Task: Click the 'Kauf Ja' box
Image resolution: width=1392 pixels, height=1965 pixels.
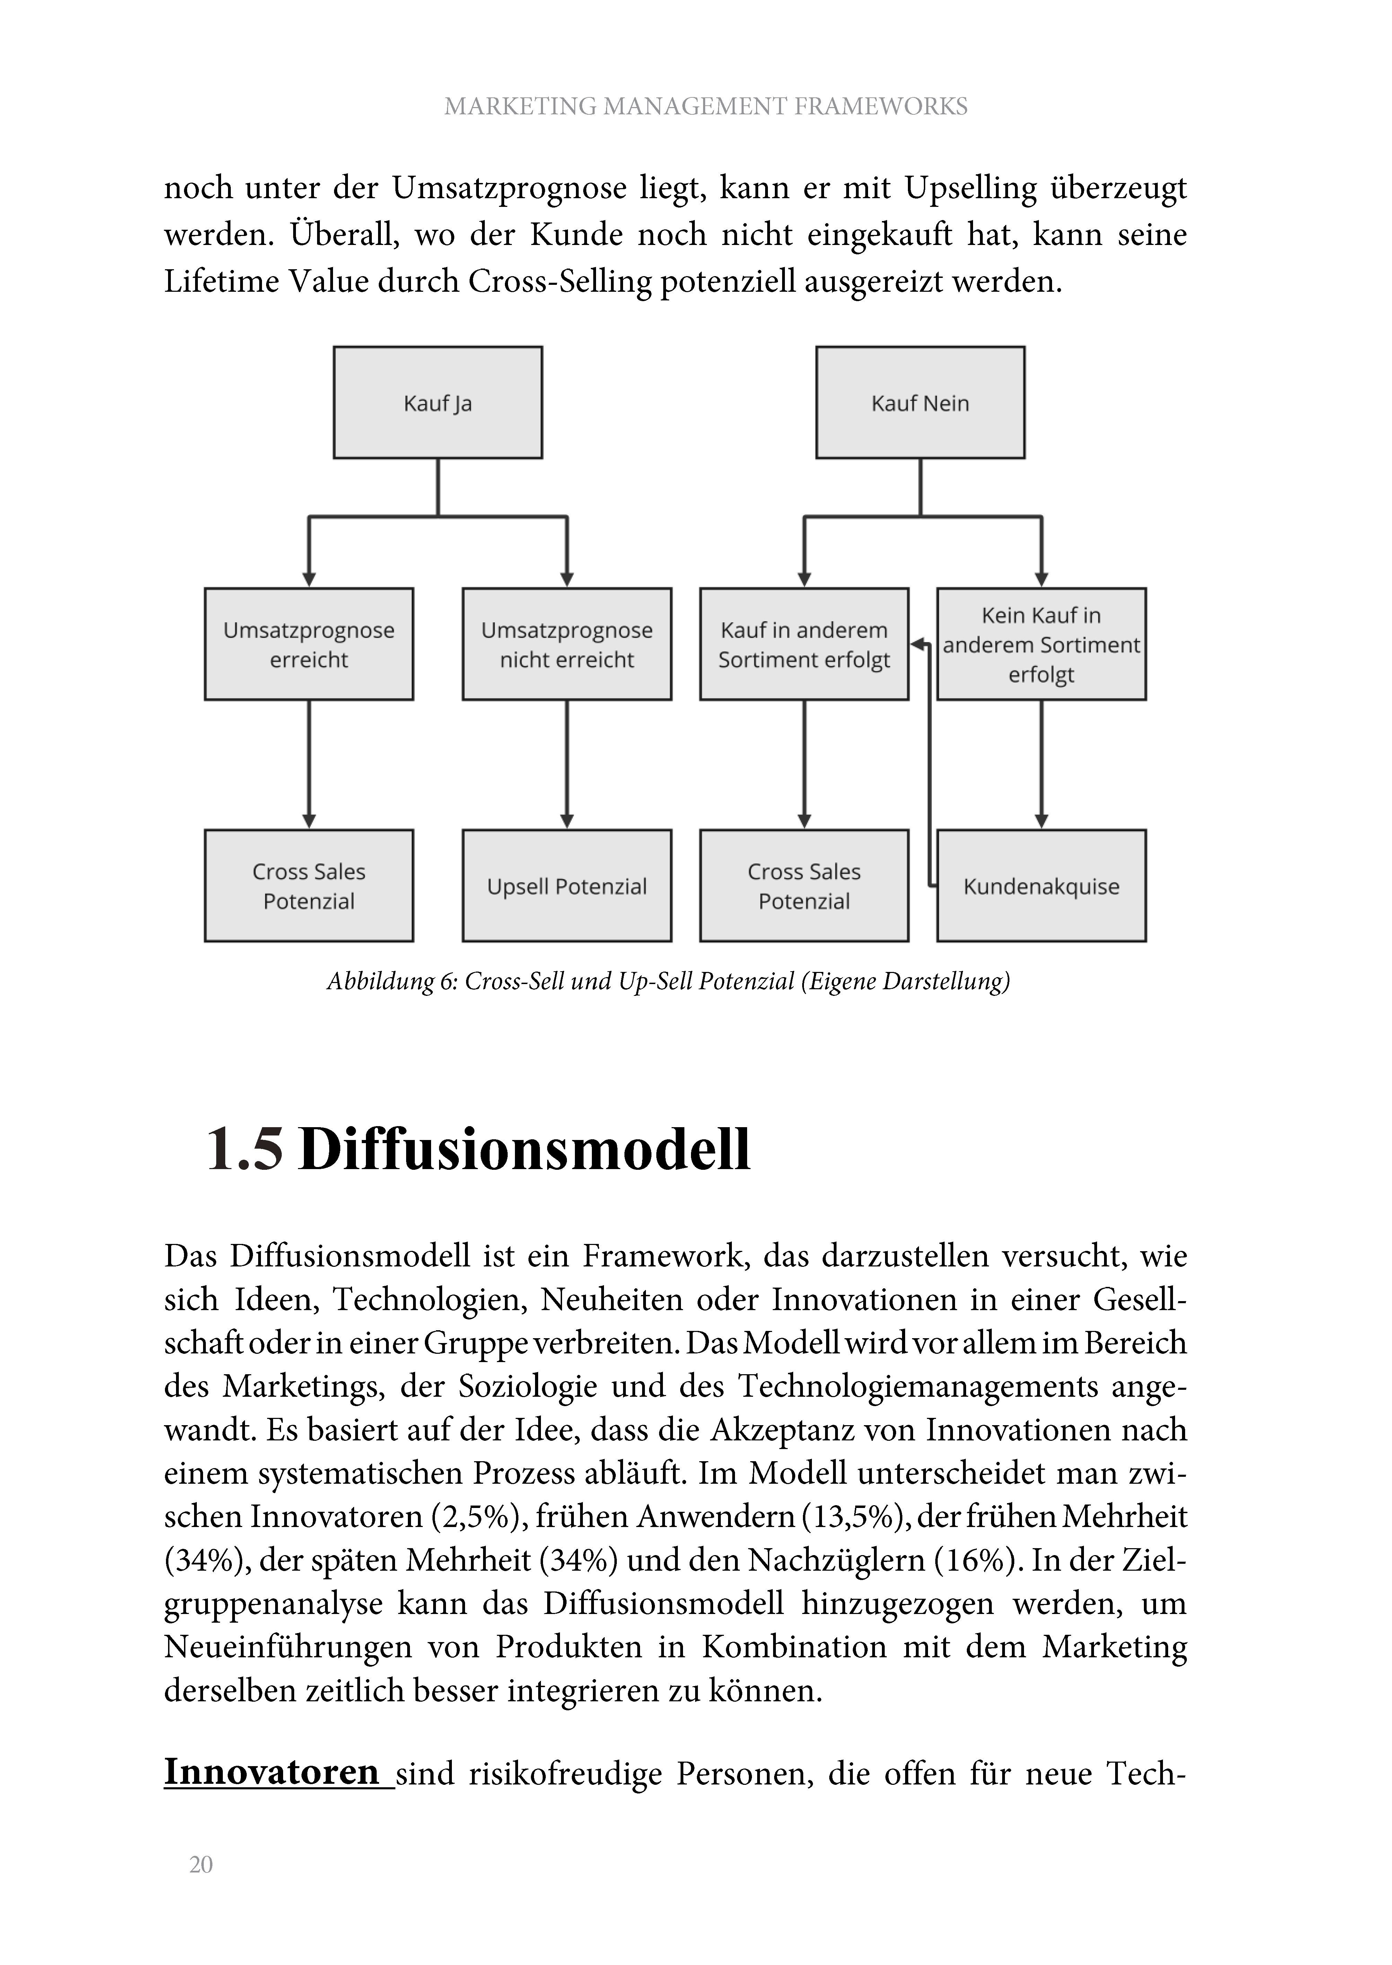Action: coord(438,403)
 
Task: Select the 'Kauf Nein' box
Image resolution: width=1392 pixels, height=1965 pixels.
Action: coord(921,403)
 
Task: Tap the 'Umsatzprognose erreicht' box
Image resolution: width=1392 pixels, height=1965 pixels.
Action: coord(308,644)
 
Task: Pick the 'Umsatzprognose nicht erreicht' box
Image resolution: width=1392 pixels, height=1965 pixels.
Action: coord(567,644)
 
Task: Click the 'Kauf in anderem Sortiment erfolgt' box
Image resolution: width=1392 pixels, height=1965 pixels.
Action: coord(804,644)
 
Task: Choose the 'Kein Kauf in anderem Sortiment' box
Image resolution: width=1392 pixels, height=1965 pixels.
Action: coord(1041,644)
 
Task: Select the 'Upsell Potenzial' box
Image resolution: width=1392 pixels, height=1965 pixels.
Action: coord(567,886)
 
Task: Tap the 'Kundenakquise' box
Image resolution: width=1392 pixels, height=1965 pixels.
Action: coord(1041,886)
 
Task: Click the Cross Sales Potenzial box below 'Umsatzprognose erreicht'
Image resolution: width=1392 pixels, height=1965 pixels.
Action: coord(308,886)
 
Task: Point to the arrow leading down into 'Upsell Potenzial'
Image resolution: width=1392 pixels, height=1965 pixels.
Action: coord(567,764)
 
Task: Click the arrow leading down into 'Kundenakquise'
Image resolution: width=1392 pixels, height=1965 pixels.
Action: coord(1041,764)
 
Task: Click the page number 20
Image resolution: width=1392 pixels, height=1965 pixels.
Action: coord(201,1865)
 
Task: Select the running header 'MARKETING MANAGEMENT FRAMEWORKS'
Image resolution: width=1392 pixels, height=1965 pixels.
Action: coord(706,106)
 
